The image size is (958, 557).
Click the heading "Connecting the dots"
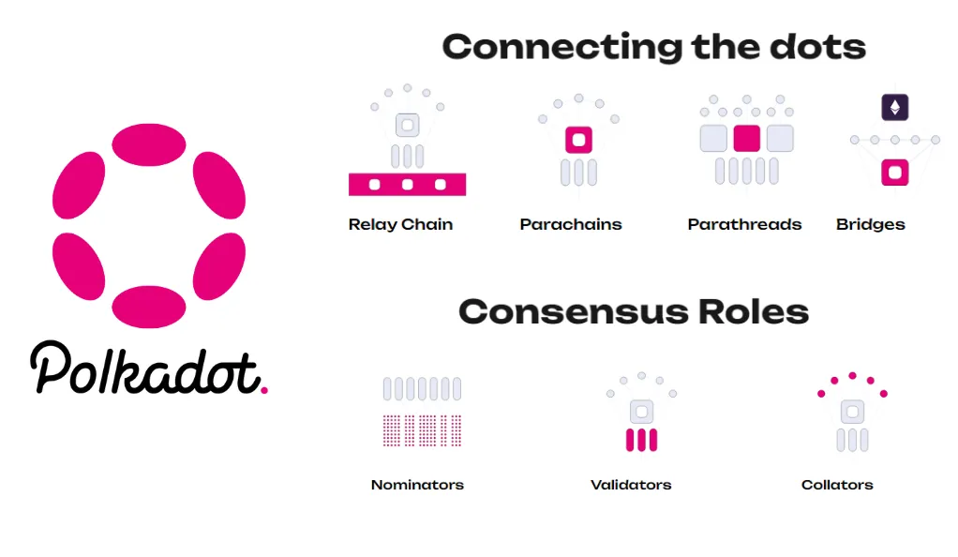point(653,47)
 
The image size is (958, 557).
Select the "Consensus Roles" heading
point(633,311)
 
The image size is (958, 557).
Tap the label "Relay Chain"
point(400,225)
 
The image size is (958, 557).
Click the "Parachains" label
point(571,225)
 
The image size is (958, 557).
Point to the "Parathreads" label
point(744,225)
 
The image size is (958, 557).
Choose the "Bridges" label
point(870,225)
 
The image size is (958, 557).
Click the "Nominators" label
point(417,485)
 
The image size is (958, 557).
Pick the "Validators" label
point(631,485)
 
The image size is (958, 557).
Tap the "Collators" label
point(837,485)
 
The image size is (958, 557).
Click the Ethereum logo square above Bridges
point(895,108)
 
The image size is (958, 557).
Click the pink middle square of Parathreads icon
point(746,139)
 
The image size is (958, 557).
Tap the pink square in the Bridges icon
point(895,173)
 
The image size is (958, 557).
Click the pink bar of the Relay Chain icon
point(407,185)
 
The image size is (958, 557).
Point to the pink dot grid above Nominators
point(422,429)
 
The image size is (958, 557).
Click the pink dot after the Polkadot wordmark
point(264,388)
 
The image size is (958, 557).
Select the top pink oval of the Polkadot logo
point(148,143)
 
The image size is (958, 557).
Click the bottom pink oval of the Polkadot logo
point(148,307)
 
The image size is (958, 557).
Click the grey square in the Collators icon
point(852,412)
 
